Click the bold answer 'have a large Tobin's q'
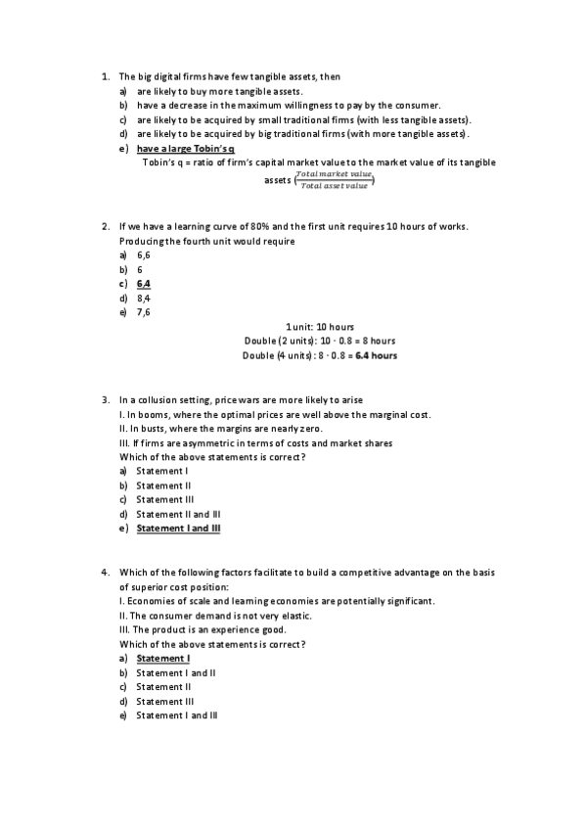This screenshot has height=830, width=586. tap(185, 149)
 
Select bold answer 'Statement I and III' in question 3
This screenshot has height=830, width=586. tap(178, 529)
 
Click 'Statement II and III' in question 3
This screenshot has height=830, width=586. tap(178, 514)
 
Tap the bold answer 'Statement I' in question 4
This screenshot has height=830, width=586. tap(162, 659)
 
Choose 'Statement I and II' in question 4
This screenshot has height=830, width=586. tap(175, 673)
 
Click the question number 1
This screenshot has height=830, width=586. tap(104, 76)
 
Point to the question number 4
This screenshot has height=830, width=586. tap(104, 572)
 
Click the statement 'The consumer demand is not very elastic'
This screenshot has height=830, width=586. tap(219, 616)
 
